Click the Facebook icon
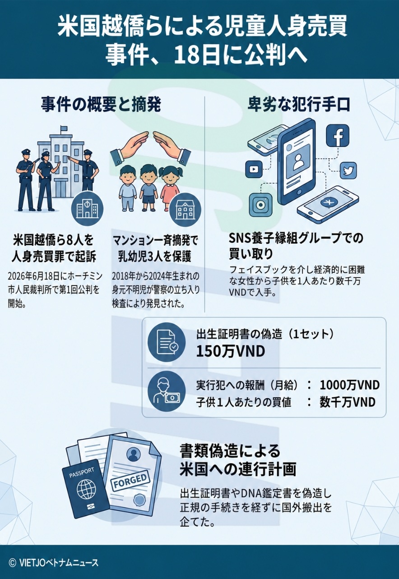(338, 136)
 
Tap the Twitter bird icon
(348, 170)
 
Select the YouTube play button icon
(254, 169)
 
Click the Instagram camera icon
(260, 205)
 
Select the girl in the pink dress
(169, 185)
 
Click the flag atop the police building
(63, 129)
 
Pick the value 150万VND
(231, 351)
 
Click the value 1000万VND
(350, 386)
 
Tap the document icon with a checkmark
(167, 342)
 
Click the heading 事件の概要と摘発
(101, 105)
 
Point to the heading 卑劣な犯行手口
(299, 105)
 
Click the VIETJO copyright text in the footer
(54, 563)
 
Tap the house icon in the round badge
(185, 209)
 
